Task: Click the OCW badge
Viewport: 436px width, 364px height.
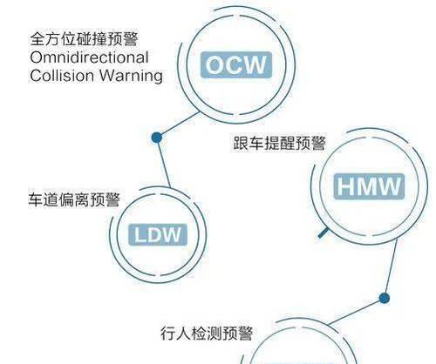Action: pos(236,64)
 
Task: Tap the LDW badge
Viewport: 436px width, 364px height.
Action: pos(158,234)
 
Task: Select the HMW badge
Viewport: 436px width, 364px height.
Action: pos(369,186)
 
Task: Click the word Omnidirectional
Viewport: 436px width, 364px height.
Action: pos(89,57)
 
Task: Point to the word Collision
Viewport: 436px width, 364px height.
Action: pos(63,75)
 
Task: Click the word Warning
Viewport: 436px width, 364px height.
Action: pos(131,76)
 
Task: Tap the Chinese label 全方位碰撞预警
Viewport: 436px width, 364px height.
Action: pos(84,39)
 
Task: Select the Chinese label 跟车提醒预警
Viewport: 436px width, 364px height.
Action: pos(280,143)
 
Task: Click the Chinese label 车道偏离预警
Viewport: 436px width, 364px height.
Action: pos(74,199)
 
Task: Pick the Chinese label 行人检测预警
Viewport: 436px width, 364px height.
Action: pos(207,333)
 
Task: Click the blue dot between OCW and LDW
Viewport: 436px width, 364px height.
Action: pos(157,138)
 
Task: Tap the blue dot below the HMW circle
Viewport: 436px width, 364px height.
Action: pos(385,298)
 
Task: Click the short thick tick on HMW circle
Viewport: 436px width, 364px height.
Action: pos(323,233)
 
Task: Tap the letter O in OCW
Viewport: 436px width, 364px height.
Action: pos(215,65)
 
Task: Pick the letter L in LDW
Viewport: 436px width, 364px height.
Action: pos(140,235)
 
